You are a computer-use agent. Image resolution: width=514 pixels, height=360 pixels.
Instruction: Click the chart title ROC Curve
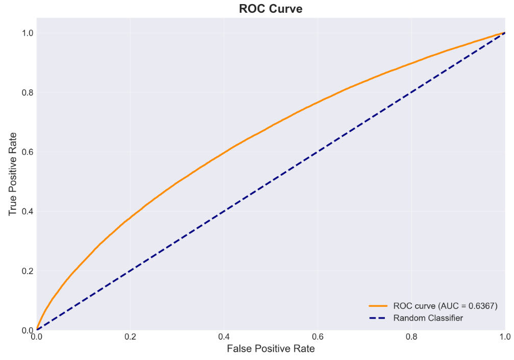coord(271,9)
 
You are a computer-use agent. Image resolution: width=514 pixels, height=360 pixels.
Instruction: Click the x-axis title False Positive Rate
coord(271,349)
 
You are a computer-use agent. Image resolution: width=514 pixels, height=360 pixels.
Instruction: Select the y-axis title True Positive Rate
coord(13,174)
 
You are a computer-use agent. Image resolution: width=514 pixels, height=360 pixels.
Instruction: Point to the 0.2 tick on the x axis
coord(130,337)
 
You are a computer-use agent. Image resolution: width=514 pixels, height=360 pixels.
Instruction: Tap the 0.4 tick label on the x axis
coord(224,337)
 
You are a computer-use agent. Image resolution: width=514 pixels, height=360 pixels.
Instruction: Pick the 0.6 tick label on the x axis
coord(317,337)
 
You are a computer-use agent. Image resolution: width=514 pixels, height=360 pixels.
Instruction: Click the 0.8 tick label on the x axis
coord(411,337)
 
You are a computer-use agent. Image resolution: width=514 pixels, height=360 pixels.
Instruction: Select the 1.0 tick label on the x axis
coord(504,337)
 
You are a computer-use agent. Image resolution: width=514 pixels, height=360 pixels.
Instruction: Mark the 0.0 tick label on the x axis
coord(37,337)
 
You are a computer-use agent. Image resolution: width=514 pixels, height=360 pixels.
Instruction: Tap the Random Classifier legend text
coord(428,318)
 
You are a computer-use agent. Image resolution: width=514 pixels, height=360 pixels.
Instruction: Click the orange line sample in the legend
coord(379,306)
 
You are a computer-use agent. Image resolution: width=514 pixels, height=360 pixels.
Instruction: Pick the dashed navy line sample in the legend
coord(379,318)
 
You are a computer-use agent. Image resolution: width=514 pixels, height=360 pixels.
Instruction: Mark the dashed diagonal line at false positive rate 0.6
coord(317,152)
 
